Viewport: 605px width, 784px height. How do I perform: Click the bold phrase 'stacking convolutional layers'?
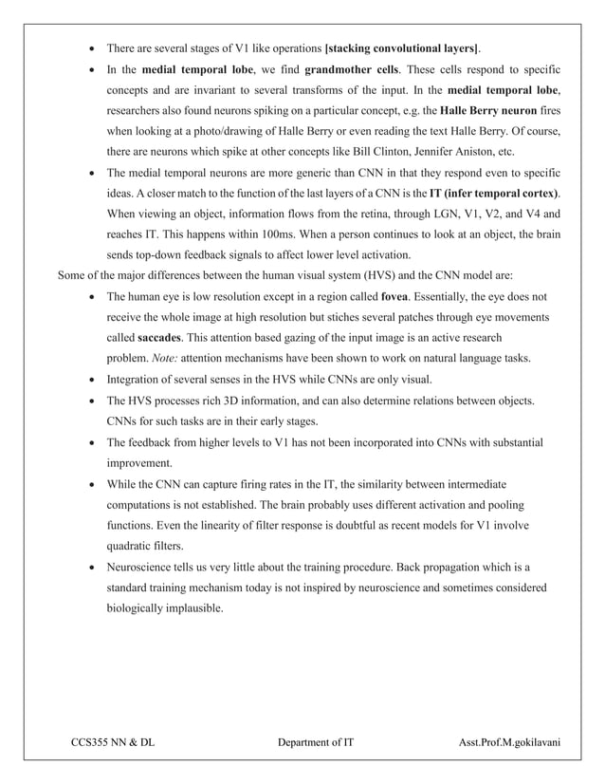[402, 47]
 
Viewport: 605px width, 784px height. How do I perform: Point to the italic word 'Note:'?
[160, 358]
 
